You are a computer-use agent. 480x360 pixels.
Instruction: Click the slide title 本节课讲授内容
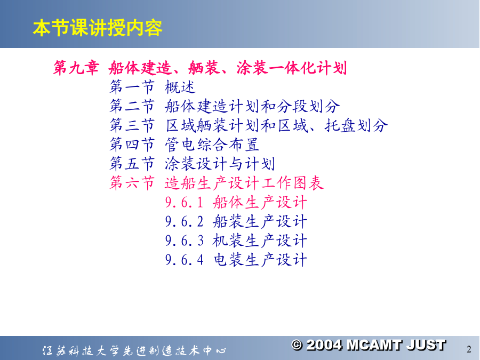click(98, 28)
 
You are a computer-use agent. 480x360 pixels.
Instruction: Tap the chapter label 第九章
click(76, 68)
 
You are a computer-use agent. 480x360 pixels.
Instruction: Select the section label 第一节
click(132, 87)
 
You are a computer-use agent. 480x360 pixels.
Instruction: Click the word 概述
click(180, 87)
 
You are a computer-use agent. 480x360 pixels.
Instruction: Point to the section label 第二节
click(132, 106)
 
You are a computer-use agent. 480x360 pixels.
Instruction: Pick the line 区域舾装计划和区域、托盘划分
click(276, 125)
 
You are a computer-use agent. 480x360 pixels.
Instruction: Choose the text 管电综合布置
click(212, 145)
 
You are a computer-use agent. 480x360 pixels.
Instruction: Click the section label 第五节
click(132, 164)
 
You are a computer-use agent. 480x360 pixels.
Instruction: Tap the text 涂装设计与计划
click(220, 164)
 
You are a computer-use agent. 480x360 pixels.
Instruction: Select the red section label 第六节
click(132, 183)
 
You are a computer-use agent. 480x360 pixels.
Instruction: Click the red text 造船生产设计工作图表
click(244, 183)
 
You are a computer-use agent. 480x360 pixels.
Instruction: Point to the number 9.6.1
click(185, 202)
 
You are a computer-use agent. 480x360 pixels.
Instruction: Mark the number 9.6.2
click(185, 222)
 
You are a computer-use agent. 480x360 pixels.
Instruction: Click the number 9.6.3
click(185, 241)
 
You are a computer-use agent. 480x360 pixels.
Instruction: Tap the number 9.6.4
click(185, 260)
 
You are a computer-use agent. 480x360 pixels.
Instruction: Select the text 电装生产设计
click(260, 260)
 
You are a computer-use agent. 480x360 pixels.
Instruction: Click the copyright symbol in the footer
click(297, 345)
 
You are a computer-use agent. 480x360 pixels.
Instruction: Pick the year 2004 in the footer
click(324, 345)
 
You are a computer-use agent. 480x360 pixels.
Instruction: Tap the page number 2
click(469, 349)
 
